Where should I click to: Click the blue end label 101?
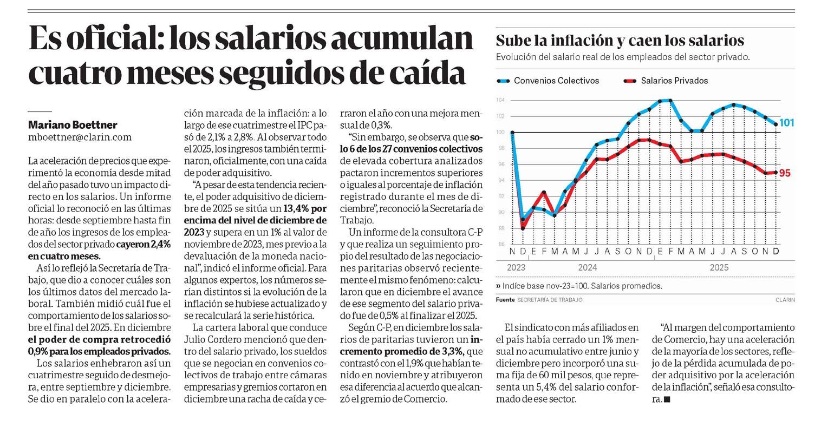[787, 123]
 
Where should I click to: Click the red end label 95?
[785, 173]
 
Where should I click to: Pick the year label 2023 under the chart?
[517, 267]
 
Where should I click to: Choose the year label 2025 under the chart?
[719, 267]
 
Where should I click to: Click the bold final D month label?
[776, 252]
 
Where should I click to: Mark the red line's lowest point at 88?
[523, 228]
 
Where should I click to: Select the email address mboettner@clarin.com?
[80, 137]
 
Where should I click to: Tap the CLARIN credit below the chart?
[785, 299]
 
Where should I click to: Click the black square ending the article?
[667, 399]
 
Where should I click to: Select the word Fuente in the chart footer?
[505, 299]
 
